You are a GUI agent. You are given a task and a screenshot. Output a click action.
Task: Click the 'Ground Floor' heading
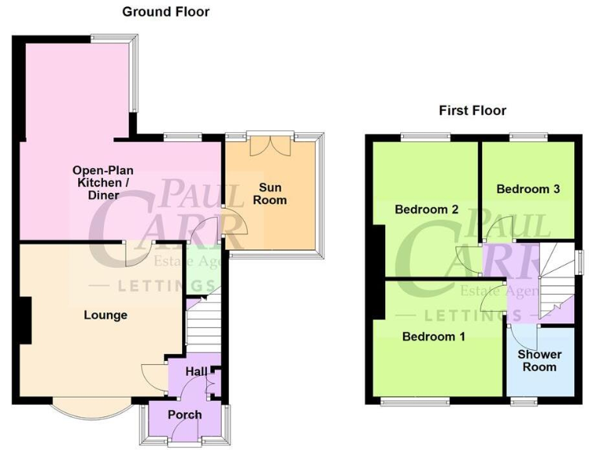click(x=166, y=12)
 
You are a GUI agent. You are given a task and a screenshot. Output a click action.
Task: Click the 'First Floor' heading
click(x=472, y=110)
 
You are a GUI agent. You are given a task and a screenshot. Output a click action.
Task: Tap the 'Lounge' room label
click(x=105, y=316)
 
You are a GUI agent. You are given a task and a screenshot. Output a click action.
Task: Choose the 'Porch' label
click(x=185, y=414)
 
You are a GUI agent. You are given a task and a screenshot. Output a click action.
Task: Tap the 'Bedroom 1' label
click(x=434, y=337)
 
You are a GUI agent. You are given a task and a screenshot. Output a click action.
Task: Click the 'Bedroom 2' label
click(x=426, y=209)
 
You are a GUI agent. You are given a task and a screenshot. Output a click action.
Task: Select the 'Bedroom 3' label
click(x=527, y=189)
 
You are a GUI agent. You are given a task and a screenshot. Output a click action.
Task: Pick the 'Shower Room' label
click(x=540, y=361)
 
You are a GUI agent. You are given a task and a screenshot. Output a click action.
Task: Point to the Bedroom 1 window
click(x=405, y=402)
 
